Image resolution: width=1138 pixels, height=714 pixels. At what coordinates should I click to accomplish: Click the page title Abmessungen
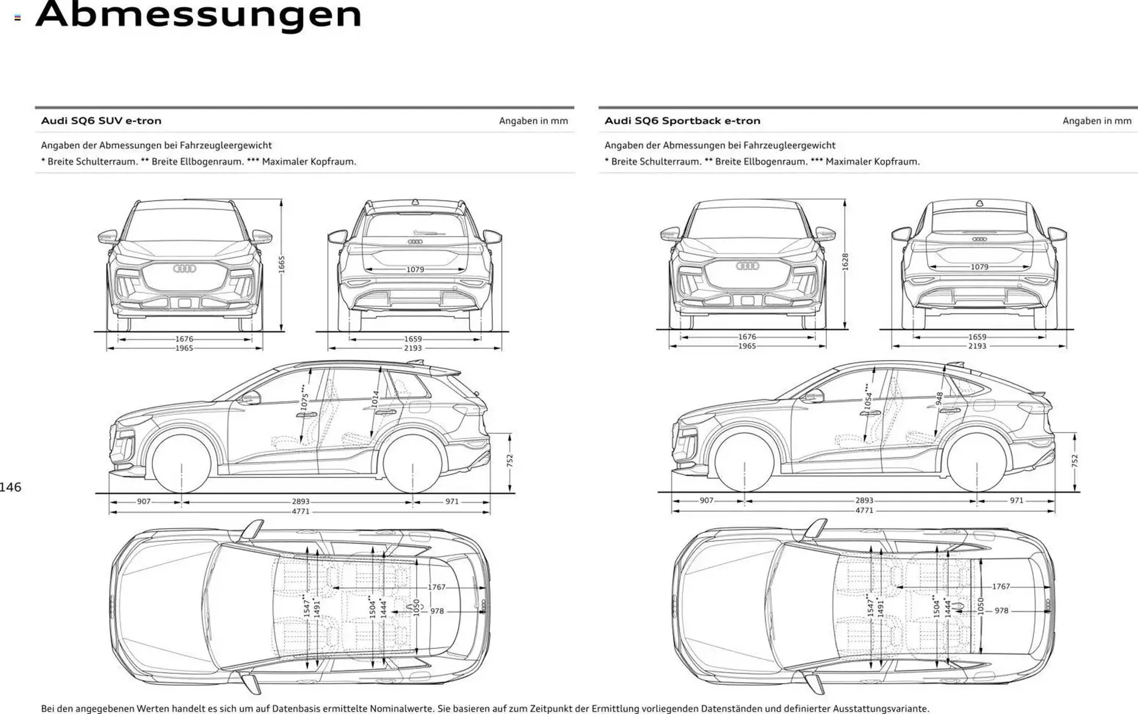pos(199,14)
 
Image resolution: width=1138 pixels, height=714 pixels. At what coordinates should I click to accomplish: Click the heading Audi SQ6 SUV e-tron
pos(101,121)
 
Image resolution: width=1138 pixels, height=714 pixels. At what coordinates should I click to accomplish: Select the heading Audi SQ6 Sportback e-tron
pos(682,121)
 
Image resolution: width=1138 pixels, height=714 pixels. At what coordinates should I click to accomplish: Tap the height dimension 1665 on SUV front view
pos(282,264)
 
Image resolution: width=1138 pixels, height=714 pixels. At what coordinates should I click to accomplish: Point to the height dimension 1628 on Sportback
pos(845,262)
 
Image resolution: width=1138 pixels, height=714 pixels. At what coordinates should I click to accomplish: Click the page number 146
pos(11,487)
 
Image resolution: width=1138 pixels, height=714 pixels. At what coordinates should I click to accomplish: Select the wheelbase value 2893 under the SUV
pos(301,501)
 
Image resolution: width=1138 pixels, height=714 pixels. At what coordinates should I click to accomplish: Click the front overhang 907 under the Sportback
pos(707,501)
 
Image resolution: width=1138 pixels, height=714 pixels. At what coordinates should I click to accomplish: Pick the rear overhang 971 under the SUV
pos(452,501)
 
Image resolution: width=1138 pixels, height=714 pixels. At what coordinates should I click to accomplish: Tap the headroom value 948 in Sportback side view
pos(939,399)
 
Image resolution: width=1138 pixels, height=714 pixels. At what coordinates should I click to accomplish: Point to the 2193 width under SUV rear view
pos(413,348)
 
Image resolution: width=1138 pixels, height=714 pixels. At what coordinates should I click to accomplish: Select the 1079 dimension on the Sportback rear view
pos(979,267)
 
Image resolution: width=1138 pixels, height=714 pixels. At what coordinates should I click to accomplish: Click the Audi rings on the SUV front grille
pos(184,269)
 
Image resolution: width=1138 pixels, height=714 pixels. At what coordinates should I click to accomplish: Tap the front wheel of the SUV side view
pos(181,463)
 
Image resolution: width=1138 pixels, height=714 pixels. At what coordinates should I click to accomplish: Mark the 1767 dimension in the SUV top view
pos(437,587)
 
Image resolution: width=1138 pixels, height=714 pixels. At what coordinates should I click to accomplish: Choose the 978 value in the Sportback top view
pos(1001,611)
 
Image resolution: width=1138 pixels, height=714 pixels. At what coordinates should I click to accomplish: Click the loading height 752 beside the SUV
pos(510,461)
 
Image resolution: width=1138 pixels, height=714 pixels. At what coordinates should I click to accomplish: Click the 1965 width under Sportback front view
pos(747,346)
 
